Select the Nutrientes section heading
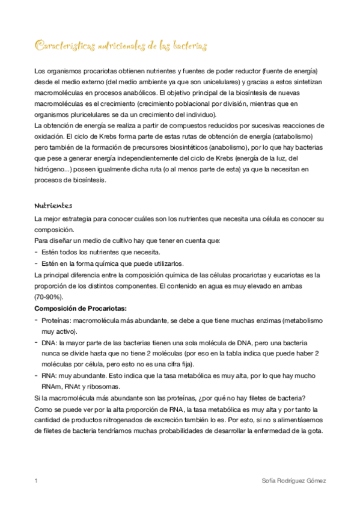pos(53,206)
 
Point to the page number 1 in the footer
pos(37,481)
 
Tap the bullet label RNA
pos(49,375)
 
